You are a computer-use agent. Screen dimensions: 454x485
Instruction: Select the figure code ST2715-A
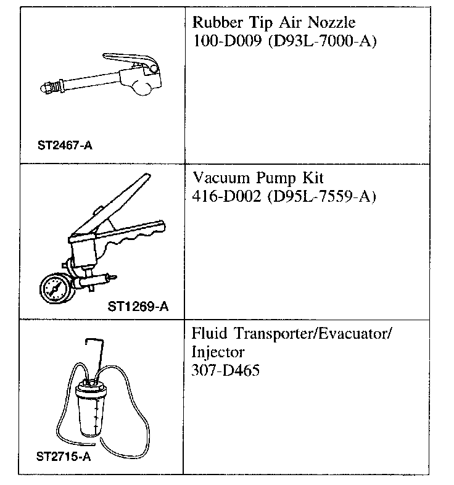tap(65, 458)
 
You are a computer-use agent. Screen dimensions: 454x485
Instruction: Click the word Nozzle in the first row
tap(334, 23)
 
